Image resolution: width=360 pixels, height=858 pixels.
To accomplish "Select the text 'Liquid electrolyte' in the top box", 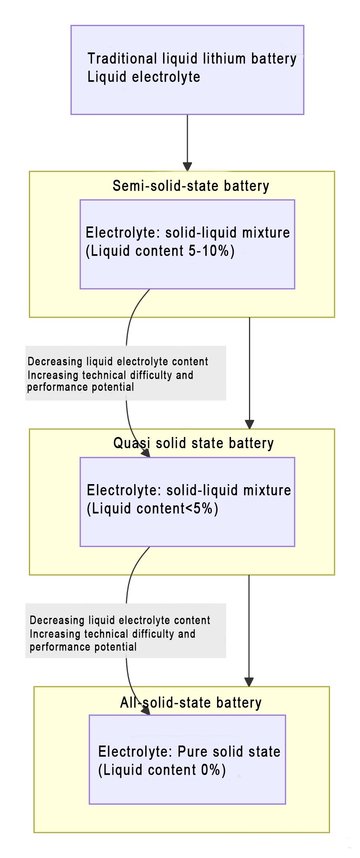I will click(x=144, y=77).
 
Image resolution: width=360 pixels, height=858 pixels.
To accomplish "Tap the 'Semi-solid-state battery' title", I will click(x=191, y=186).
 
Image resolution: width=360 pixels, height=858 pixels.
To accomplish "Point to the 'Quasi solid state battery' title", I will click(x=193, y=443).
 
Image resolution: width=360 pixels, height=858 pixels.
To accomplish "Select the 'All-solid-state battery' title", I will click(x=191, y=703).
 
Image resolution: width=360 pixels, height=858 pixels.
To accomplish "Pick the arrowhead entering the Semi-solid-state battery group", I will click(x=187, y=167).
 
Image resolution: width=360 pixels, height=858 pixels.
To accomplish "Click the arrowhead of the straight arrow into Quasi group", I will click(x=249, y=424).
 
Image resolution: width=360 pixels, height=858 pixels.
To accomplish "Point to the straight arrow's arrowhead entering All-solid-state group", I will click(x=249, y=682).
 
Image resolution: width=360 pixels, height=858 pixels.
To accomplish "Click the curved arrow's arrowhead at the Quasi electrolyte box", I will click(x=146, y=453).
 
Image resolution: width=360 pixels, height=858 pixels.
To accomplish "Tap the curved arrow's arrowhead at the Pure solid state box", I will click(x=146, y=711).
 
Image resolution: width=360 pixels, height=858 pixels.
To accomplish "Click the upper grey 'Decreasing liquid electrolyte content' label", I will click(x=118, y=361).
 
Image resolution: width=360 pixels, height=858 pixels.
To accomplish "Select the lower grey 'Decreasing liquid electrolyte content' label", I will click(x=120, y=620).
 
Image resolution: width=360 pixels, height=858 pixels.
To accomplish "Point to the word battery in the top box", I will click(x=274, y=59).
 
